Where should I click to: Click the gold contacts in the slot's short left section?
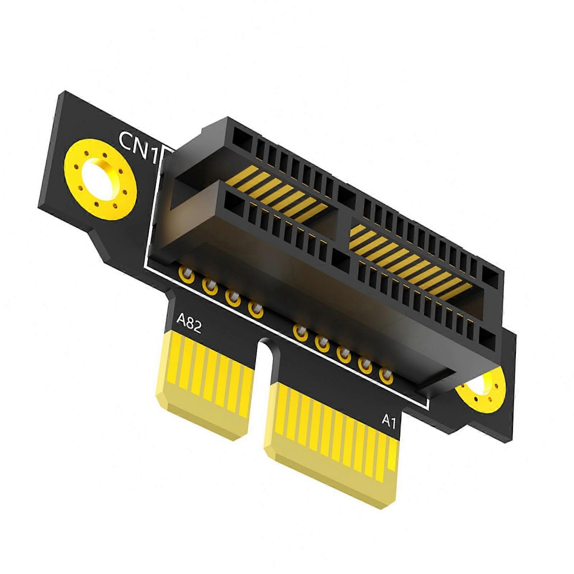coord(283,194)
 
